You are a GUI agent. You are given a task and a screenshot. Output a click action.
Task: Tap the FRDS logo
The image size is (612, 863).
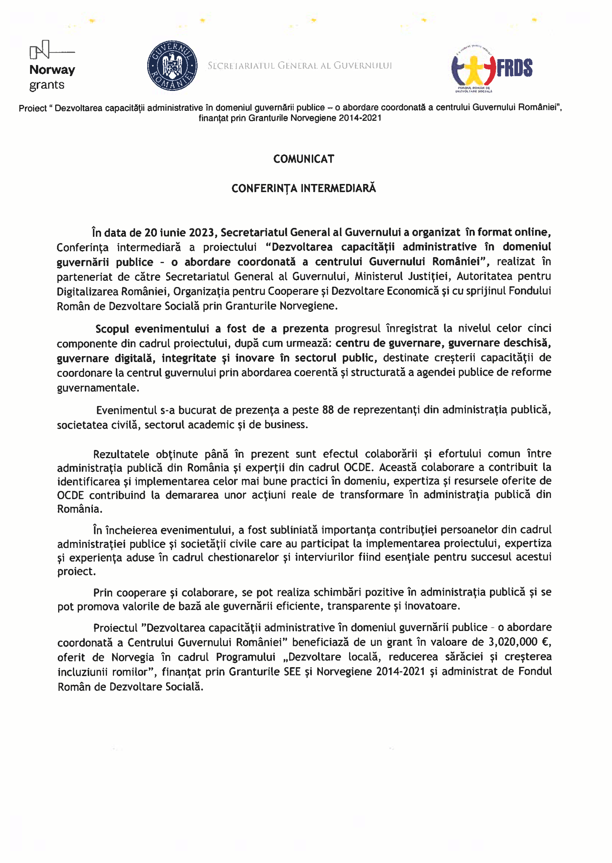[492, 68]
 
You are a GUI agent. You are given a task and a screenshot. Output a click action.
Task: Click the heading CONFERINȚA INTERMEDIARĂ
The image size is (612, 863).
[303, 188]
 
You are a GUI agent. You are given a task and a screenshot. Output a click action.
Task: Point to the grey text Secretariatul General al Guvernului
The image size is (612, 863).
[300, 66]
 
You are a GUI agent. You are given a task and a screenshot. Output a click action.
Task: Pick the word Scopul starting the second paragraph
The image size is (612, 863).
[112, 329]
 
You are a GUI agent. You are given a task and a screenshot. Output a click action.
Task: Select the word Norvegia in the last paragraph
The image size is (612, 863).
[132, 657]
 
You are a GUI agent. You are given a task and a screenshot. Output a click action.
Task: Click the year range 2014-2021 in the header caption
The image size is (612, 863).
[360, 118]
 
